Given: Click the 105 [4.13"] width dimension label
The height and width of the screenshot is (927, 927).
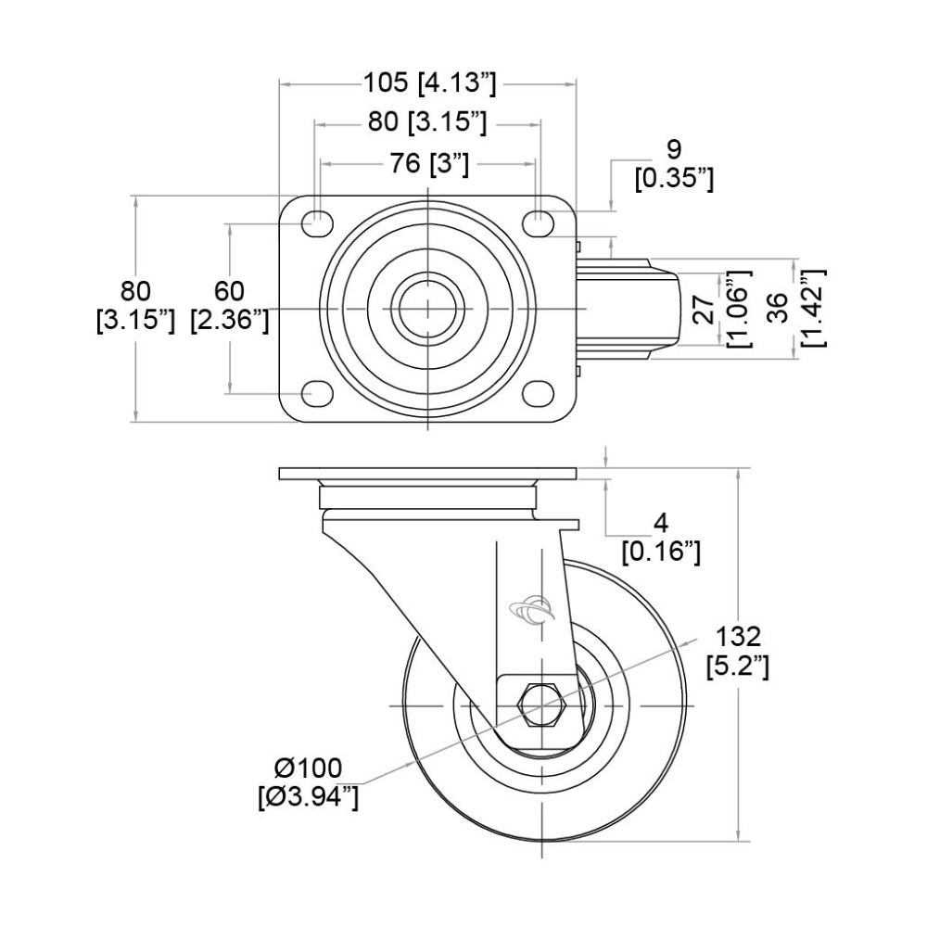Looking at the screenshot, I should [x=429, y=83].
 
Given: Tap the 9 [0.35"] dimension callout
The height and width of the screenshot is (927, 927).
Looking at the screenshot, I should [x=674, y=163].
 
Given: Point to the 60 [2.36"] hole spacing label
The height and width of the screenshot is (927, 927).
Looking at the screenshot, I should [x=229, y=307].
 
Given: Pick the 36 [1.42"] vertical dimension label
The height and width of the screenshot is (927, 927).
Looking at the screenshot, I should [x=794, y=307].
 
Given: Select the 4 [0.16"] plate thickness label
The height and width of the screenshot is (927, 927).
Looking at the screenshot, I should [x=660, y=538].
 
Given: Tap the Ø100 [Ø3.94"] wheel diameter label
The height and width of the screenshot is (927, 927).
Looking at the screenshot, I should [x=309, y=781].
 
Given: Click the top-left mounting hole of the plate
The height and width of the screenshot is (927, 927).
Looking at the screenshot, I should [x=316, y=222].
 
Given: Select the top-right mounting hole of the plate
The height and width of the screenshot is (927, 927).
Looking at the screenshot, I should [x=539, y=222].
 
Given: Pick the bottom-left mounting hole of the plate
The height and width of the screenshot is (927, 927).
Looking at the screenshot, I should [x=316, y=392].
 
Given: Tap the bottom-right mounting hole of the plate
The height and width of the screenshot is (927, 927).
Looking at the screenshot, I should [x=539, y=392].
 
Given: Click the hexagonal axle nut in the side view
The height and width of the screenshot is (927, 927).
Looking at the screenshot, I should [x=541, y=705].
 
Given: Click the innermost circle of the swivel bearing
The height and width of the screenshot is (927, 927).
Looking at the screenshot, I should [x=428, y=307].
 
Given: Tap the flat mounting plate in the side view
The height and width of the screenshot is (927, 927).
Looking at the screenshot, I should [x=427, y=474].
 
